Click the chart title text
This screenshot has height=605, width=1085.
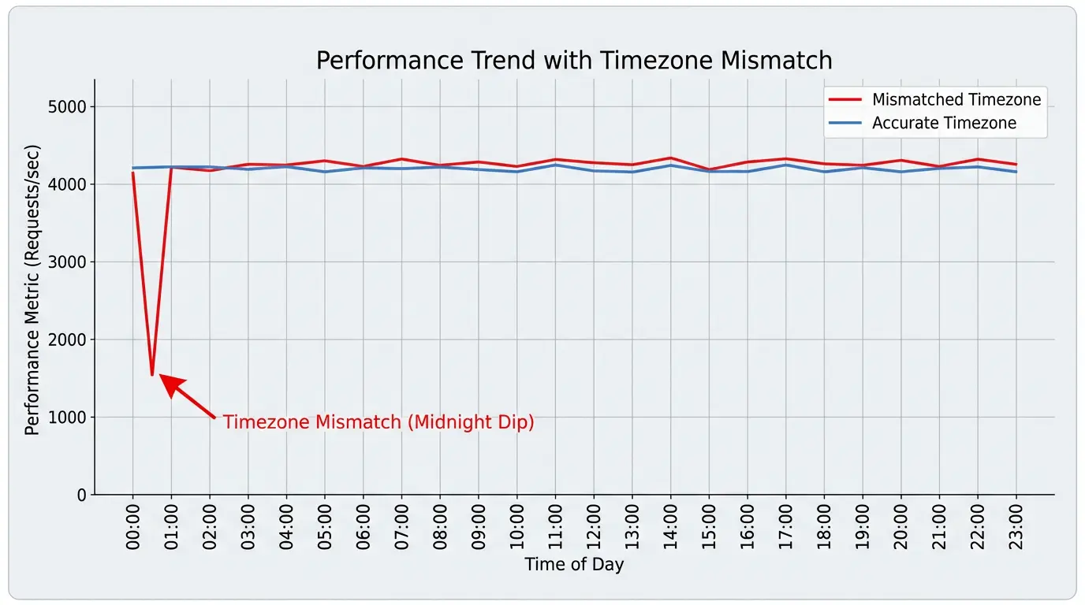(574, 61)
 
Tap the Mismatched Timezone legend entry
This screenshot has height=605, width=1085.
(956, 100)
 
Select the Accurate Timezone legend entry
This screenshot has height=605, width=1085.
(943, 123)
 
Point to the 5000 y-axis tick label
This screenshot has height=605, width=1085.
(69, 107)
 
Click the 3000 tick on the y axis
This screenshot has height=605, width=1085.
(69, 262)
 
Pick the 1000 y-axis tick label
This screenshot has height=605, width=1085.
(69, 418)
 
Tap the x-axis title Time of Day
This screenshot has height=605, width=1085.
(574, 565)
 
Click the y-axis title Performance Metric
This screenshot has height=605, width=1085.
(32, 290)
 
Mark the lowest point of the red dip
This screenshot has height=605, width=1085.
(152, 375)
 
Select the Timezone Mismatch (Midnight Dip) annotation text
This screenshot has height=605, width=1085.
(378, 422)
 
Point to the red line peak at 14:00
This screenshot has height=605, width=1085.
(670, 158)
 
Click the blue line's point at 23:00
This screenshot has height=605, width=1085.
(1016, 172)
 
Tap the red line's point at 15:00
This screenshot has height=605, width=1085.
(709, 169)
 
